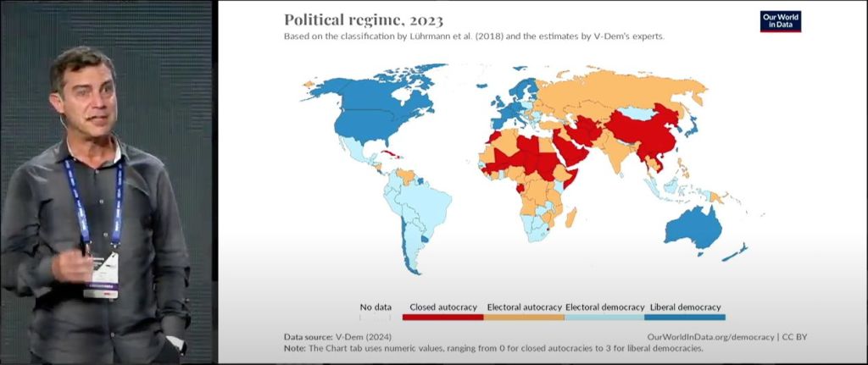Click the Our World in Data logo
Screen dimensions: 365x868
[780, 21]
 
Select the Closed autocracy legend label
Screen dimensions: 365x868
[442, 307]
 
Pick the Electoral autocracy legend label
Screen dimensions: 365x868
[524, 307]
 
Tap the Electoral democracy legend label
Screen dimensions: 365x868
[604, 307]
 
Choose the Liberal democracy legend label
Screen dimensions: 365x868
[685, 307]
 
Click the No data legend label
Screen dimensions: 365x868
[375, 307]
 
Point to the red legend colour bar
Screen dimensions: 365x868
[442, 317]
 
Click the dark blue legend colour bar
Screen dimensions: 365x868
[685, 317]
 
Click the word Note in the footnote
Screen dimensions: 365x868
[294, 348]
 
